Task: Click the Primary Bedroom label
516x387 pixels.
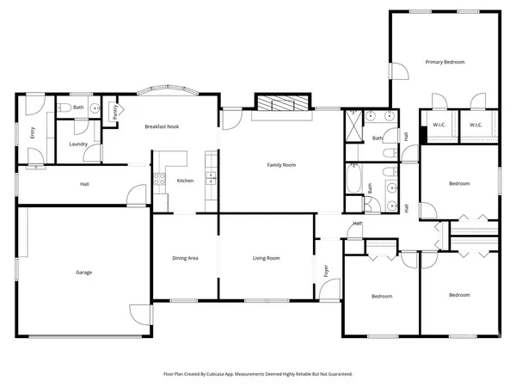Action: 445,62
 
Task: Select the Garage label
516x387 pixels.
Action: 83,273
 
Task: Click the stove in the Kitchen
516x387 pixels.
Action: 158,180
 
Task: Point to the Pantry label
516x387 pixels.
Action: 115,112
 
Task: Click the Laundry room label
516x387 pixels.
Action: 79,144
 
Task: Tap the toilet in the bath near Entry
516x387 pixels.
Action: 65,108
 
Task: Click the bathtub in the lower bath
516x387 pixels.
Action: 353,181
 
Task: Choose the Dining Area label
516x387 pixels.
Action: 187,258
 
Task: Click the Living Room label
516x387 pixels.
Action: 266,258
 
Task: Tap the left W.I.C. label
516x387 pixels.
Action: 439,125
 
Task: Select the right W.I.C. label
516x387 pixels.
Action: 476,125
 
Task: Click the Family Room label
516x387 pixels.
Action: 281,164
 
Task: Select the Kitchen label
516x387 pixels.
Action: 185,181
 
